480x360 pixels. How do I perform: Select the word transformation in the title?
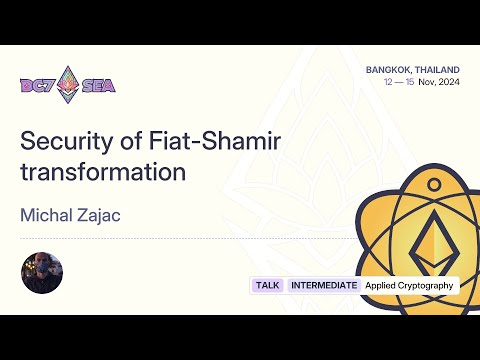point(103,171)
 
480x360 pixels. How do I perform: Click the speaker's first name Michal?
point(47,216)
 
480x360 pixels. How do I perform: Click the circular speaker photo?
point(42,273)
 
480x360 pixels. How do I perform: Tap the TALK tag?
point(267,285)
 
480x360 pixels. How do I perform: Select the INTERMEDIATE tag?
point(323,285)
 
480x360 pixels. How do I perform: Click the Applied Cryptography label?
point(409,285)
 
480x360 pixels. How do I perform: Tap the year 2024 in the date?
point(448,82)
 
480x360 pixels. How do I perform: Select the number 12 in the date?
point(388,82)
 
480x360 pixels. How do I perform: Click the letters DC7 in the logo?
point(37,85)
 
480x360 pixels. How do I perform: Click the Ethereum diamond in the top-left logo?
point(69,85)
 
